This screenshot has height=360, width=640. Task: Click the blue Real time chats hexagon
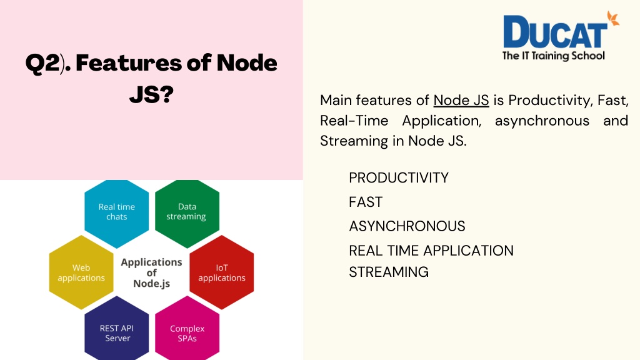point(117,213)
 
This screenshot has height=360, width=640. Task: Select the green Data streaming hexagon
point(187,213)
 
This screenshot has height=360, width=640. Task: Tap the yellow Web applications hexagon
point(81,272)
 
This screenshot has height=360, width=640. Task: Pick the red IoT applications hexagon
point(222,272)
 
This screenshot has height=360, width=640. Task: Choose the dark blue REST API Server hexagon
point(117,329)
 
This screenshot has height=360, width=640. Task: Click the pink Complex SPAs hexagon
point(187,329)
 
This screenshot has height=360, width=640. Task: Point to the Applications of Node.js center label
point(151,272)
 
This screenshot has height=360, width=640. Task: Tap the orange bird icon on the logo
point(613,19)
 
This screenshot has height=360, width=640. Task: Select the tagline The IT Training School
point(554,56)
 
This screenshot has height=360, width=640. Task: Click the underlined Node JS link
point(461,101)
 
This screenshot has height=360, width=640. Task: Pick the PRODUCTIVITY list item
point(399,178)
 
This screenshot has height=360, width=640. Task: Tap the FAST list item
point(366,202)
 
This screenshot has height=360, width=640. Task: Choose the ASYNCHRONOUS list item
point(407,226)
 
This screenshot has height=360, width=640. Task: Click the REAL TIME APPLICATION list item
point(431,251)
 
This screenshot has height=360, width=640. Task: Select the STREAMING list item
point(389,272)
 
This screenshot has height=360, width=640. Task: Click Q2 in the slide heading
point(42,63)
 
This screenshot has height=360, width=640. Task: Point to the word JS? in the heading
point(151,94)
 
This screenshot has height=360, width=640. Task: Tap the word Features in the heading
point(129,62)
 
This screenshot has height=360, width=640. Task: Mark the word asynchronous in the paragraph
point(542,121)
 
